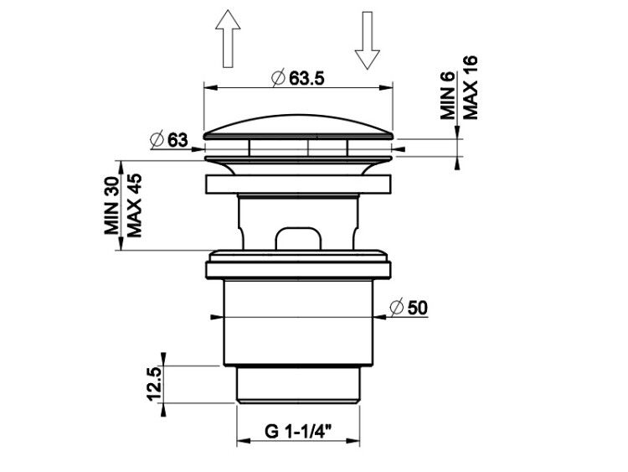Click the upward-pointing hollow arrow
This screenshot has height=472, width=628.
[228, 39]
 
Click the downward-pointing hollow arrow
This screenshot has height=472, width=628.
[367, 40]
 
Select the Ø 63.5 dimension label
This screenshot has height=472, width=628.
[298, 78]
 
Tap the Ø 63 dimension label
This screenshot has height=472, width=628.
[168, 140]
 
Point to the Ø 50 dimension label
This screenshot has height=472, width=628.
[409, 308]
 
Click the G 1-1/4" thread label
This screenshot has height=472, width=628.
[298, 432]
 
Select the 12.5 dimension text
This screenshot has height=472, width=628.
[154, 384]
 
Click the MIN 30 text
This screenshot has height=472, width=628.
[111, 205]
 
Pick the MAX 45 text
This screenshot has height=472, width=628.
[134, 205]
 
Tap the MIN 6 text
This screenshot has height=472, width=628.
[447, 95]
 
